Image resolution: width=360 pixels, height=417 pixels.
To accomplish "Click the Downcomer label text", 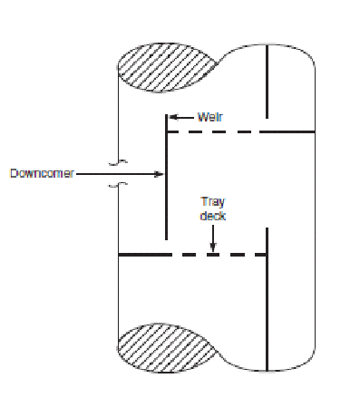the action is coord(34,173).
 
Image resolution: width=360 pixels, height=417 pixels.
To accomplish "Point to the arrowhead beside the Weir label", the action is coord(175,116).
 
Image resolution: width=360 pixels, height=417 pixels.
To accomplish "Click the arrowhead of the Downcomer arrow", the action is coord(161,173).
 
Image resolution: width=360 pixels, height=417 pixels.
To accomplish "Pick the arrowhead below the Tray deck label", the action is coord(213,247).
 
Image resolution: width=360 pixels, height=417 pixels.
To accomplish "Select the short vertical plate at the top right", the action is coord(267,82).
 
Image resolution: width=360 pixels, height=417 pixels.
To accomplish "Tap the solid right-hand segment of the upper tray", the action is coord(290,131).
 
